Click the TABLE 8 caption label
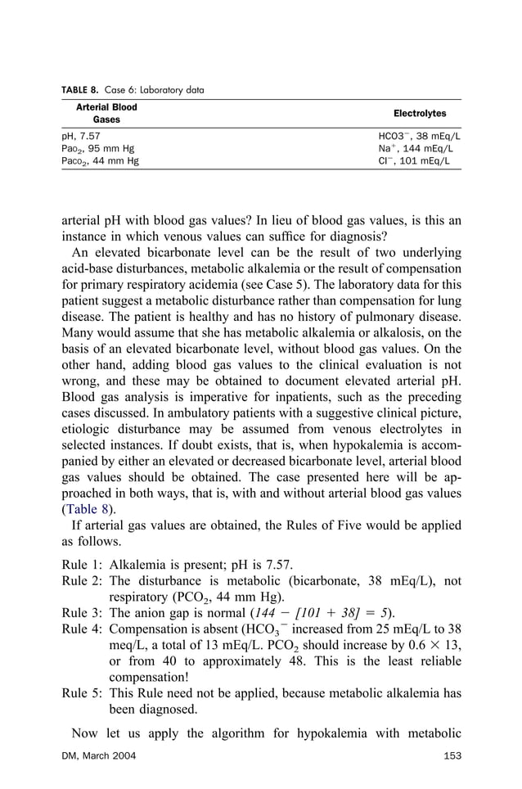(82, 90)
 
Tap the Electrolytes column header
(420, 114)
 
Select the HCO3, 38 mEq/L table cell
(419, 135)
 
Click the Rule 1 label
(82, 565)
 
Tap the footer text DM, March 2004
(98, 754)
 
